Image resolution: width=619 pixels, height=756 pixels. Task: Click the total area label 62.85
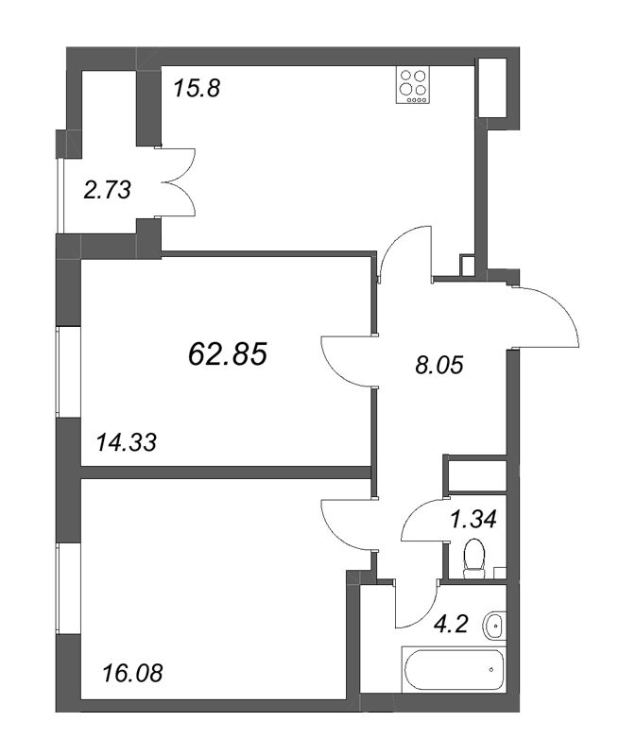(227, 353)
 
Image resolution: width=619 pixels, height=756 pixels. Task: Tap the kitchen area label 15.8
(197, 89)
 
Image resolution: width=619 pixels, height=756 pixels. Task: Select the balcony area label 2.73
(107, 190)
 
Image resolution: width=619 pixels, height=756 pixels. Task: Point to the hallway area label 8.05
(438, 365)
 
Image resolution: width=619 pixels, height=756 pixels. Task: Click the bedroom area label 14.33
(127, 442)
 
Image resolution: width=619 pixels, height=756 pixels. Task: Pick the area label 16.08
(133, 673)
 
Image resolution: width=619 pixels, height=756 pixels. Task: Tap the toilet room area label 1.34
(473, 519)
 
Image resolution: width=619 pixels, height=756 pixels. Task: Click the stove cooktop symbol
(412, 85)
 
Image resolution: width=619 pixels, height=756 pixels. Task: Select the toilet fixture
(473, 558)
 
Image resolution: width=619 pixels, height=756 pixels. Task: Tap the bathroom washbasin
(492, 626)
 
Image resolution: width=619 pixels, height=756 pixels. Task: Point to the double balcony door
(179, 181)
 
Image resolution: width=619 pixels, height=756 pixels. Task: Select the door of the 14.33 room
(348, 360)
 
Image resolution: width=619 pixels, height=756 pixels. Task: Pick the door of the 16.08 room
(348, 524)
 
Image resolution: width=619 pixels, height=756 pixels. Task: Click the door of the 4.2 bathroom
(416, 604)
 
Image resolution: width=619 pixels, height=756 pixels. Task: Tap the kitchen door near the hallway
(404, 252)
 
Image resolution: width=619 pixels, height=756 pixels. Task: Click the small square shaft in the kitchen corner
(467, 266)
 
